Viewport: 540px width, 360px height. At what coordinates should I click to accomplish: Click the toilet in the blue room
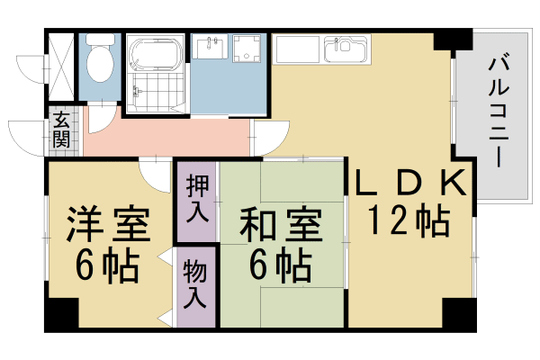point(99,59)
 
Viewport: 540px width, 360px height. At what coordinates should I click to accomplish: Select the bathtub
point(154,56)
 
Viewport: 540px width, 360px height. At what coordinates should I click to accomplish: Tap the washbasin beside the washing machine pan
point(209,46)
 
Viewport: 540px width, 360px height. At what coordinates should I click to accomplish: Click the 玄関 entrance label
point(61,130)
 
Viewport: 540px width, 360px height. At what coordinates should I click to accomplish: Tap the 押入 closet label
point(197,199)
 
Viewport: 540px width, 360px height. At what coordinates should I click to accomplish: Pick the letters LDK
point(409,184)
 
